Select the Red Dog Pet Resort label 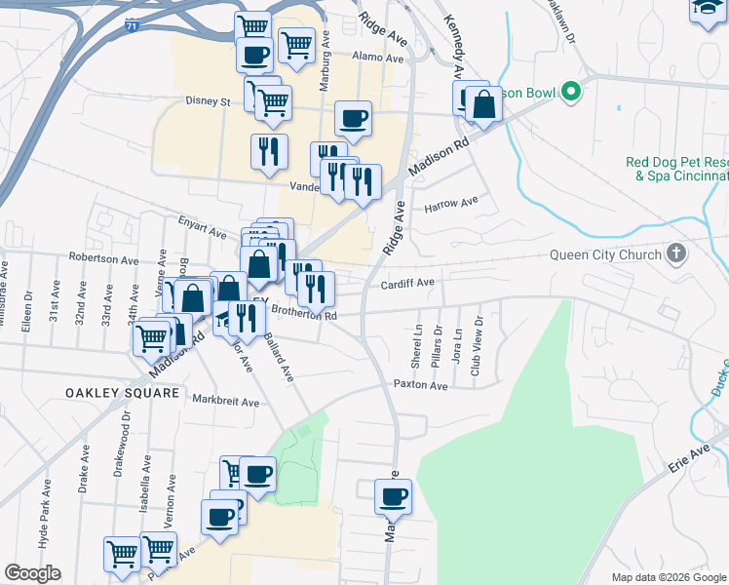pos(676,169)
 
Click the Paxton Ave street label pos(420,386)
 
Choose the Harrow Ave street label pos(451,203)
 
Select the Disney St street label pos(208,100)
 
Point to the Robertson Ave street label pos(103,260)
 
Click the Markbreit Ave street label pos(226,401)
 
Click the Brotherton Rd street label pos(303,314)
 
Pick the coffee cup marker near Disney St pos(353,118)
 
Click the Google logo pos(32,573)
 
